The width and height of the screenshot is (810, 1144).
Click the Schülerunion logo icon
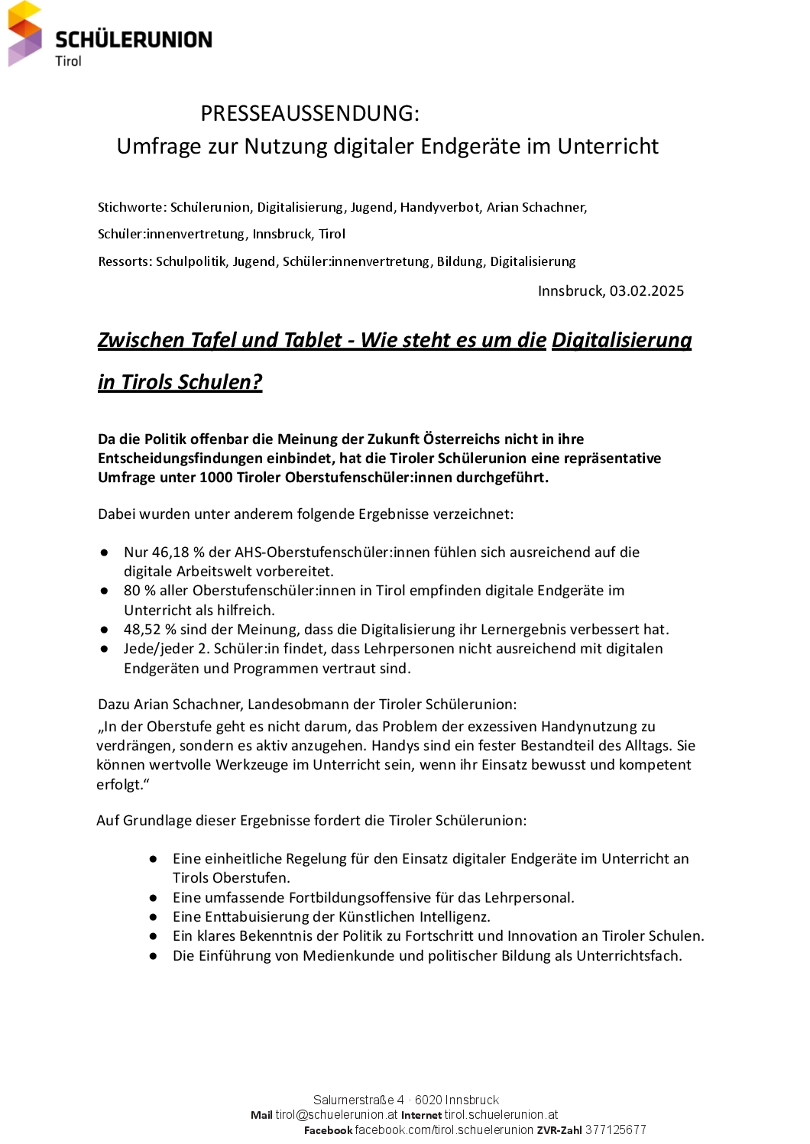pos(25,34)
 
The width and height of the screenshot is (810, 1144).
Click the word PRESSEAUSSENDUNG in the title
pos(309,113)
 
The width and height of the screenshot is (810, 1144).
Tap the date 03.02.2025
pos(646,291)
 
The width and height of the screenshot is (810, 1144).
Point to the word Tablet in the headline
pos(313,340)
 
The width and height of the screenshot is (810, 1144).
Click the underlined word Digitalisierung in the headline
pos(621,340)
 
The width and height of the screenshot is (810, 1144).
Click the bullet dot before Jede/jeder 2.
pos(104,649)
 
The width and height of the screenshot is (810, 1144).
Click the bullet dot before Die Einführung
pos(154,956)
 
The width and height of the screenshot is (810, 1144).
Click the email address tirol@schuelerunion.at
pos(336,1115)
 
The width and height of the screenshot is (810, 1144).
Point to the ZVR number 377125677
pos(615,1130)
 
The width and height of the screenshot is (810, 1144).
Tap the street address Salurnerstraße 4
pos(358,1100)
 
